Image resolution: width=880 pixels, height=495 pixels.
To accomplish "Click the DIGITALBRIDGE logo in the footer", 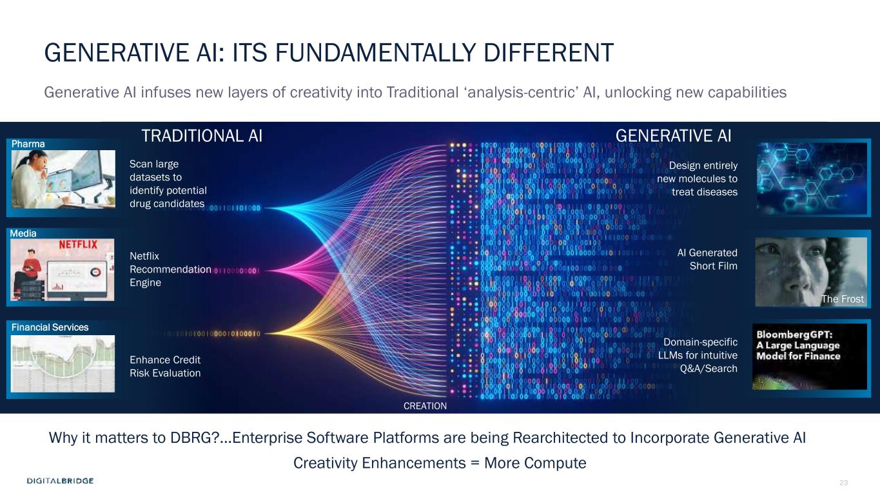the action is coord(60,480).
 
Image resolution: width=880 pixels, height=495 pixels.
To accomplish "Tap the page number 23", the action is coord(843,482).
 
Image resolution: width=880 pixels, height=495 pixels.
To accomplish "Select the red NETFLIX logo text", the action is coord(78,245).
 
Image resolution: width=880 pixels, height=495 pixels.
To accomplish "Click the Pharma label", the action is coord(28,144).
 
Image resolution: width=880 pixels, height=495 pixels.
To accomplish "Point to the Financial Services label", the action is coord(50,327).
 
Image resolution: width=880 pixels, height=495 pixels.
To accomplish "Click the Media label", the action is coord(23,233).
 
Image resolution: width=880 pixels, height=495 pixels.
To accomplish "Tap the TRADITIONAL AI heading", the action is coord(202,136).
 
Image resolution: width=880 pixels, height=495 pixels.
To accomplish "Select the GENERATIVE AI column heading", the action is coord(673,136).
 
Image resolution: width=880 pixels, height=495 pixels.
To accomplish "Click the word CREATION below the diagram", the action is coord(425,406).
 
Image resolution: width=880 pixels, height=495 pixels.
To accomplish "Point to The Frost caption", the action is coord(843,299).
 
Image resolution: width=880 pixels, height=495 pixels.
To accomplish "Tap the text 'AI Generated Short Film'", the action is coord(707,259).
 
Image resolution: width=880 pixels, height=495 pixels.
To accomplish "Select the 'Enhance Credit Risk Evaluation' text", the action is coord(165,367).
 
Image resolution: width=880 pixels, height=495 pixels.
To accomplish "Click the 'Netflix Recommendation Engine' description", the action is coord(170,269).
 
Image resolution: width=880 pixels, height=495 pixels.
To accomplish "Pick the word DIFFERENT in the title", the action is coord(549,53).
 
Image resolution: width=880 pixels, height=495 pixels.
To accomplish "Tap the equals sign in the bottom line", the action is coord(475,463).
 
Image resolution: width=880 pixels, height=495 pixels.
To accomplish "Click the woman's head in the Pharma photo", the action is coord(37,162).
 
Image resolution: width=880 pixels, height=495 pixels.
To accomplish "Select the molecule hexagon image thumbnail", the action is coord(812,179).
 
